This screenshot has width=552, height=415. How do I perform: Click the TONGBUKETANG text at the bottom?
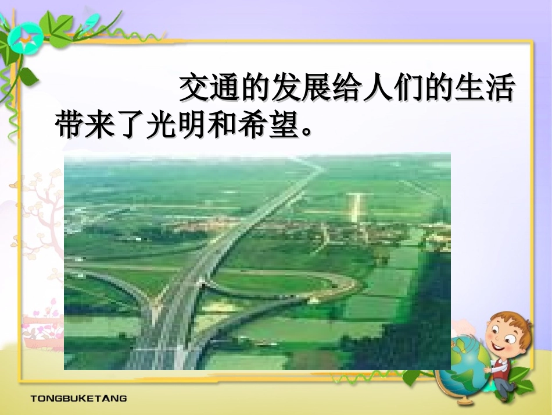click(x=78, y=399)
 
